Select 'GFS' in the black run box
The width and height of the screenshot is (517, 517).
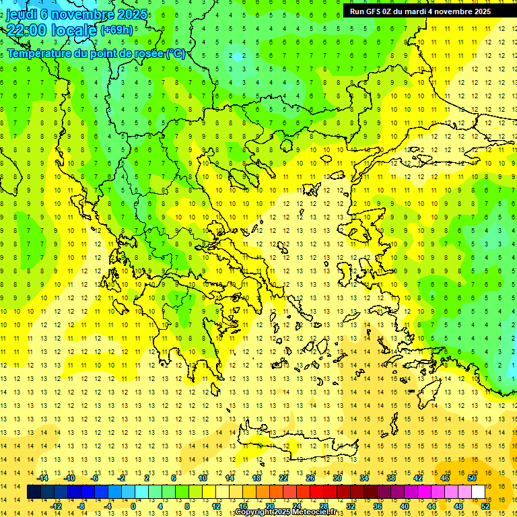tap(376, 11)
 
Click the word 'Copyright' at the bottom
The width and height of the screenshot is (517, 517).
tap(254, 512)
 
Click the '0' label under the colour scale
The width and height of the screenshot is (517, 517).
tap(133, 506)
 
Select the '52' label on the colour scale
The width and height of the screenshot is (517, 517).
tap(485, 506)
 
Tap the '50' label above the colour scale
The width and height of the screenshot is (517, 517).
tap(472, 478)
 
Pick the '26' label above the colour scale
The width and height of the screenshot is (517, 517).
tap(310, 478)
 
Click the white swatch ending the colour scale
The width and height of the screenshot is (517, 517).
tap(478, 492)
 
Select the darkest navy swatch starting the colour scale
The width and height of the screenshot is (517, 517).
tap(34, 492)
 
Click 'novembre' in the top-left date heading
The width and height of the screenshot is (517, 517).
tap(78, 14)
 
